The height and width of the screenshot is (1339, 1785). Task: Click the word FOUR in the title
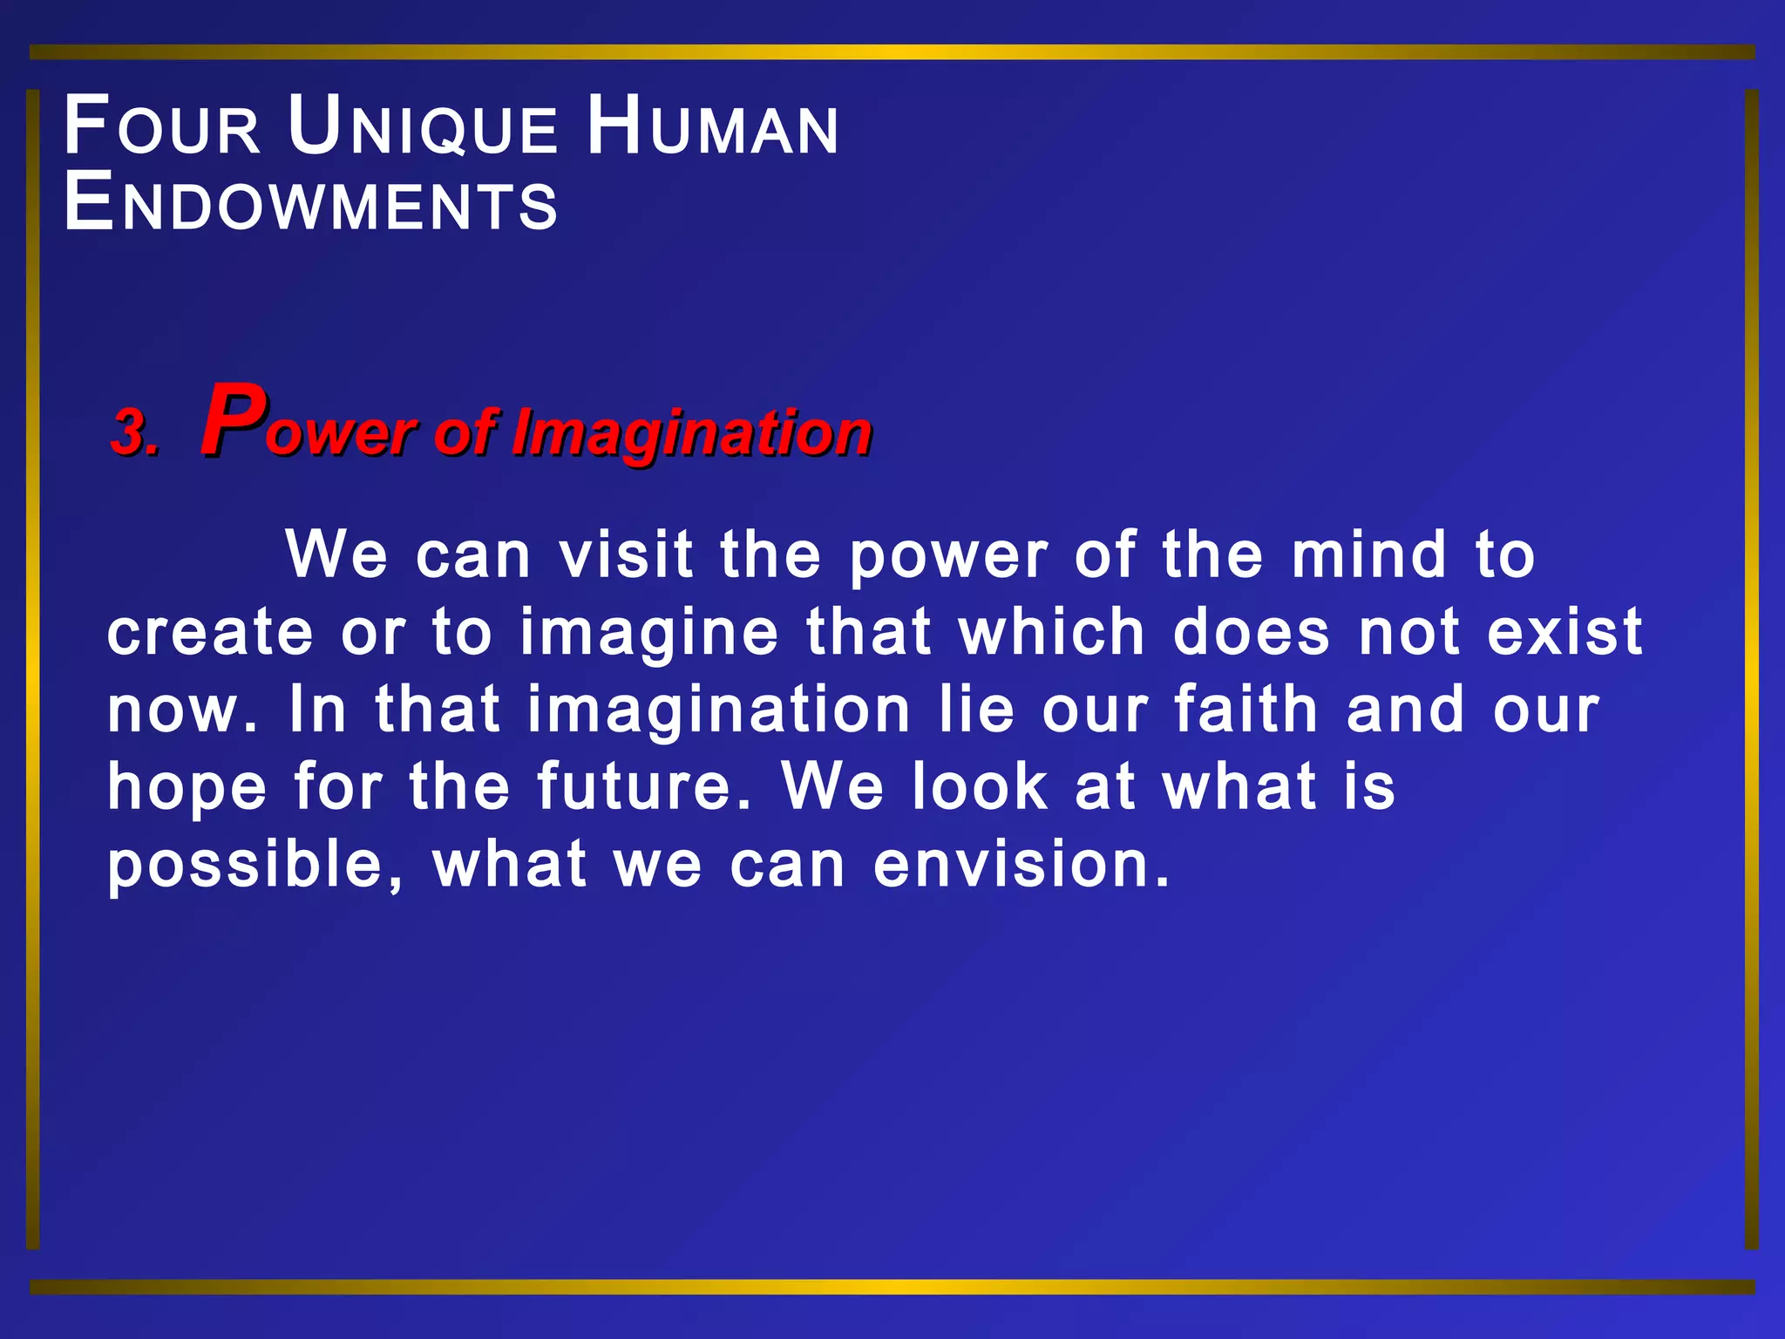(162, 127)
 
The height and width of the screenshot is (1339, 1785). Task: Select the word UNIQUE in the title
(423, 127)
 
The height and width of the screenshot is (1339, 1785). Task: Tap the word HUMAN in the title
(712, 127)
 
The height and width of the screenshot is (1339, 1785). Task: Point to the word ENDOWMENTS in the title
(310, 204)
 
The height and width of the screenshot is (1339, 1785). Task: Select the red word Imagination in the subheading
(691, 433)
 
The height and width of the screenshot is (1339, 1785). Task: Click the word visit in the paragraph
(626, 554)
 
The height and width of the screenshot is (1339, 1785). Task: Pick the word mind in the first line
(1368, 554)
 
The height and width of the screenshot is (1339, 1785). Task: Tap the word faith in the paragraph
(1245, 709)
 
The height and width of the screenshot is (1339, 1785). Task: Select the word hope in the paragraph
(187, 788)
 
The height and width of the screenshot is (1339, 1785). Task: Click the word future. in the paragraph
(644, 786)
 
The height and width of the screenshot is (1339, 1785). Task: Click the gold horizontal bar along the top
(892, 52)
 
